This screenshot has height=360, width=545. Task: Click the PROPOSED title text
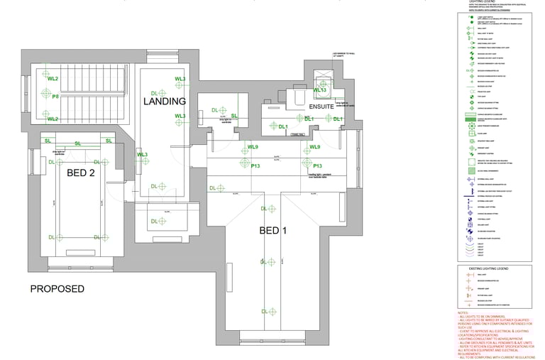tap(57, 289)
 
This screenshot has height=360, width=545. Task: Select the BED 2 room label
tap(81, 173)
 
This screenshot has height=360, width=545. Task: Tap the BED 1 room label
tap(273, 230)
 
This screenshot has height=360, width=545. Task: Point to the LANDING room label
tap(165, 102)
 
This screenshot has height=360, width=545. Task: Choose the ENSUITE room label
tap(321, 106)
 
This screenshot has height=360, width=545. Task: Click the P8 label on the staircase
tap(55, 97)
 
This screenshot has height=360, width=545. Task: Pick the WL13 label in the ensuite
tap(319, 91)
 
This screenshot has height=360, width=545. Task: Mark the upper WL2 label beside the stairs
tap(53, 78)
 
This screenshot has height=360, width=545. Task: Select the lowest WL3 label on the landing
tap(142, 154)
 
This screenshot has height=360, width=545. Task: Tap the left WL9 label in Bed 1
tap(253, 147)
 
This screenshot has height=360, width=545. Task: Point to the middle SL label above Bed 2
tap(78, 144)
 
